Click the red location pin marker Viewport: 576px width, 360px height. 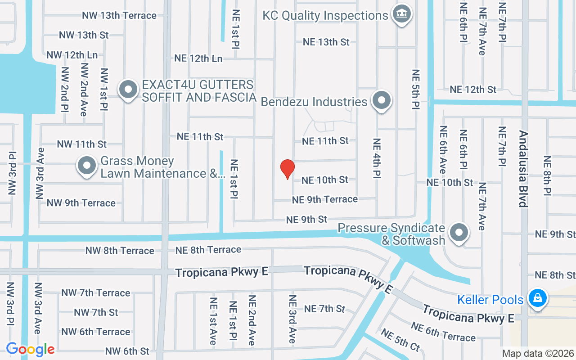[x=287, y=169]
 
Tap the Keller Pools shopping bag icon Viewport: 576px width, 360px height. [x=537, y=298]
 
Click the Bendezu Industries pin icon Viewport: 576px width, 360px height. [x=382, y=101]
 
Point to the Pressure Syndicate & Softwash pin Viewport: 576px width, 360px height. [x=459, y=233]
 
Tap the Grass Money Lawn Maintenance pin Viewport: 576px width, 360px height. [x=87, y=166]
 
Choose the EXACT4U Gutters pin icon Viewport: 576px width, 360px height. [x=128, y=90]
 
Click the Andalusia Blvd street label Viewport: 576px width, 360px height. [x=522, y=169]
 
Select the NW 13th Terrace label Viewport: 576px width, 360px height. [x=119, y=15]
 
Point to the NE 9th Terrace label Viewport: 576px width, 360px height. [x=325, y=199]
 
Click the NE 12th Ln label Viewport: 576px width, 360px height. [x=198, y=58]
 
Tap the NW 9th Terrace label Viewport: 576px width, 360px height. [x=81, y=203]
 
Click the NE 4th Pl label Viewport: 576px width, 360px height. [x=377, y=158]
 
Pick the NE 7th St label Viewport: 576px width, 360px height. [x=324, y=309]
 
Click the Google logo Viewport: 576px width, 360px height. [x=30, y=349]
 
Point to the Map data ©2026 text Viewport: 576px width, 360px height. [x=538, y=353]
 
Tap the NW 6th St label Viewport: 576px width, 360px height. [x=127, y=351]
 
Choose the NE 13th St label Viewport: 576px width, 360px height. [x=326, y=42]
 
